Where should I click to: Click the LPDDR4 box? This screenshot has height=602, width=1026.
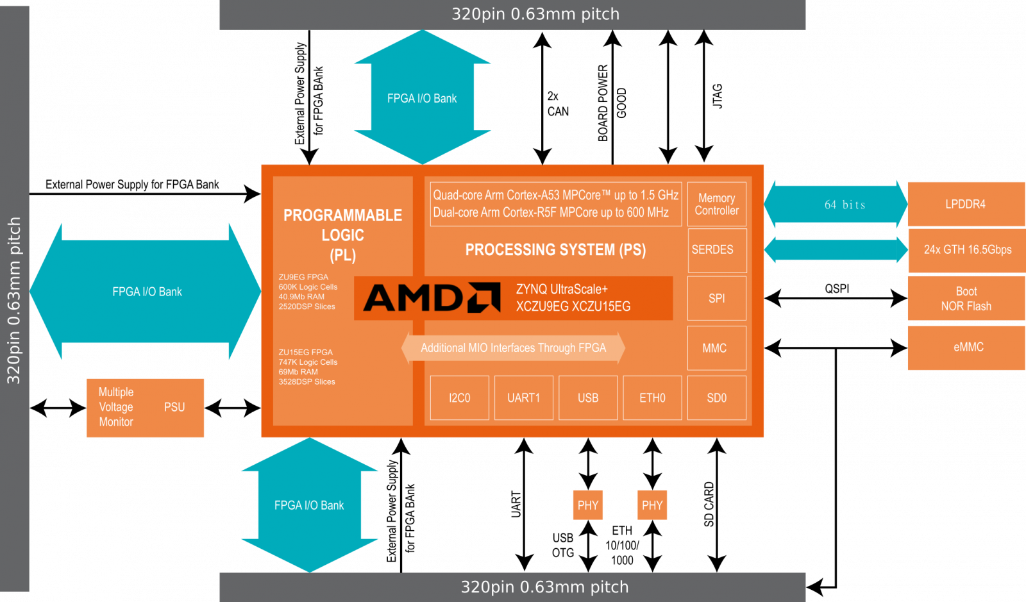click(966, 205)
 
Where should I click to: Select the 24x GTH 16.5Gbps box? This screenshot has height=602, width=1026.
click(967, 250)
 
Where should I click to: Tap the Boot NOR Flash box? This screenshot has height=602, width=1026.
click(966, 299)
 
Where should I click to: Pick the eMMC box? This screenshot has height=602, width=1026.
click(968, 347)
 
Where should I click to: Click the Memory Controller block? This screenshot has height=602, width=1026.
click(716, 205)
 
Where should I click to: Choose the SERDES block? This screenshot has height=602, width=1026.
click(716, 250)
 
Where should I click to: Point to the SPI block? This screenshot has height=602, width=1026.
click(716, 298)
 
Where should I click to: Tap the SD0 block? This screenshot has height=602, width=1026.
click(716, 398)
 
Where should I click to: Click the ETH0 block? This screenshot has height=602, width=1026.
click(652, 398)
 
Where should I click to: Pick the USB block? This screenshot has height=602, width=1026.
click(588, 398)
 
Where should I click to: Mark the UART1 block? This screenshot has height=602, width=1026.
click(523, 398)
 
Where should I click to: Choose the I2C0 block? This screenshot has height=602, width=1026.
click(459, 398)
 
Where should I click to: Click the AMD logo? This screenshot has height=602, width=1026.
click(432, 298)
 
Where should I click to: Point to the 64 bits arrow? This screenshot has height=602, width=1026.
click(836, 205)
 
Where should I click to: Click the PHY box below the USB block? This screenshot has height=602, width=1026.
click(587, 505)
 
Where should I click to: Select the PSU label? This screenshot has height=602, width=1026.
click(174, 408)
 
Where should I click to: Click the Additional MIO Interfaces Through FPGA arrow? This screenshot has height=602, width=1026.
click(513, 348)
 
